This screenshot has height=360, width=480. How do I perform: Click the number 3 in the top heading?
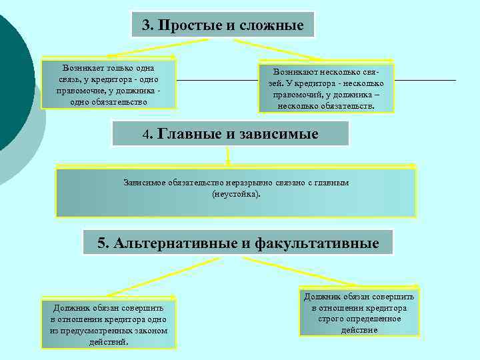point(145,26)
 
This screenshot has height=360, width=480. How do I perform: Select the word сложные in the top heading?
point(273,26)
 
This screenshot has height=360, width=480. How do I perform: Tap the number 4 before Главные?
point(147,134)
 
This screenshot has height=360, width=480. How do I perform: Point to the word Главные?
point(189,134)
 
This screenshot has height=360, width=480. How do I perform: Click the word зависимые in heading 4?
point(276,134)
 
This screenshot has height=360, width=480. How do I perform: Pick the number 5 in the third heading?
point(101,243)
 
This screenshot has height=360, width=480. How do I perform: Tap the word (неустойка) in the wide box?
point(236,194)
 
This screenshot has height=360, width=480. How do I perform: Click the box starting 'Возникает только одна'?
point(109,85)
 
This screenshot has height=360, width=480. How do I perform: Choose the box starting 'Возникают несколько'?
point(326,88)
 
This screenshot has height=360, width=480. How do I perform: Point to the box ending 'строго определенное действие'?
point(359,313)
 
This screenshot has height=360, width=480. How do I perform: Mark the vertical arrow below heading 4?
point(228,156)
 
